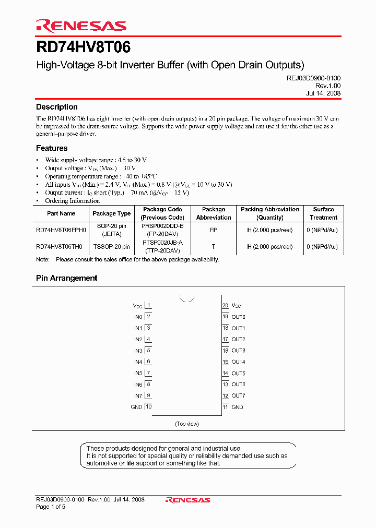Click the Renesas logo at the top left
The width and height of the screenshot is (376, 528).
[x=81, y=26]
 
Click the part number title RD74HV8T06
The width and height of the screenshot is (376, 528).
[x=84, y=47]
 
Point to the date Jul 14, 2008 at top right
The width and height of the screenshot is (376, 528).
[x=323, y=93]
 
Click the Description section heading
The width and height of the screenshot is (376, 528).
[x=57, y=107]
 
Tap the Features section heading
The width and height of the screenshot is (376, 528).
[x=52, y=148]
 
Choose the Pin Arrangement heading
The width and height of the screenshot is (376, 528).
[x=66, y=278]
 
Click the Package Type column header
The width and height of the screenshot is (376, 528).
[x=112, y=213]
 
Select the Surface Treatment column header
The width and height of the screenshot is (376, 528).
[x=323, y=213]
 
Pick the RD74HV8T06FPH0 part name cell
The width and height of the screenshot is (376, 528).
[x=61, y=230]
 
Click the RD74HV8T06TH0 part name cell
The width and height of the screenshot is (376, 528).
[x=59, y=247]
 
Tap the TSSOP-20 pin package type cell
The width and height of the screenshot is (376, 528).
[x=112, y=247]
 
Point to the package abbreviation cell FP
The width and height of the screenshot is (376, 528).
[x=213, y=230]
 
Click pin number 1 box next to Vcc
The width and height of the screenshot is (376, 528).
[x=148, y=305]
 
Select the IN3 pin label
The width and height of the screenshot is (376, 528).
[x=138, y=351]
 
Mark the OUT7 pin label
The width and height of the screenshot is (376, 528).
[x=238, y=396]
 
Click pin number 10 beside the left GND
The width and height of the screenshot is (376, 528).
[x=148, y=407]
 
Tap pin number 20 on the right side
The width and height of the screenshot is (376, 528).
[x=226, y=305]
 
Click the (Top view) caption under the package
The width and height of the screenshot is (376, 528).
[x=187, y=424]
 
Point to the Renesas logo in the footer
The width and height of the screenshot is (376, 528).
[x=187, y=500]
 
